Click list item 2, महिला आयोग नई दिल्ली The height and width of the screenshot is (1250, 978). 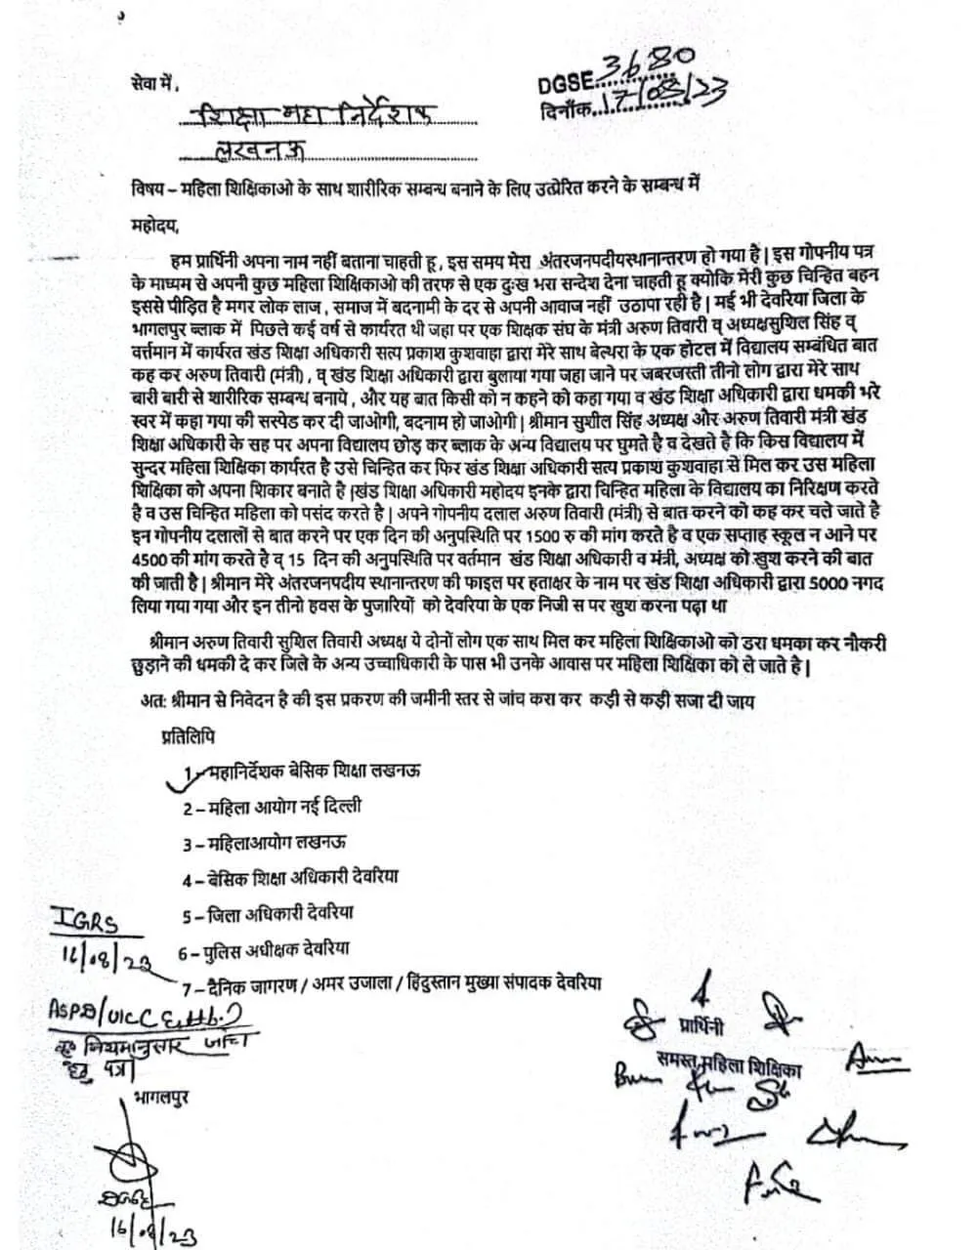point(272,808)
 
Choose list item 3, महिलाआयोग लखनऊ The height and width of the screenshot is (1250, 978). point(264,842)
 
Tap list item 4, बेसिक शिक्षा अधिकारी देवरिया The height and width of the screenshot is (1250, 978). point(290,877)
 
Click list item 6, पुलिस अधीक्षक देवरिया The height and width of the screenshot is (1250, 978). point(264,948)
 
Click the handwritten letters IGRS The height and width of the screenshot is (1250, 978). point(90,922)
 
